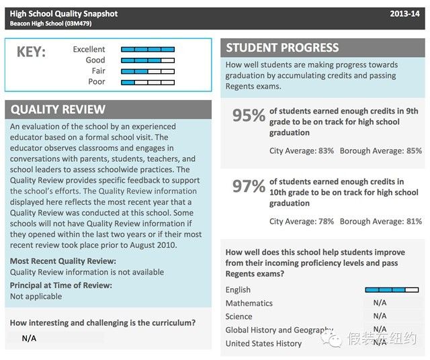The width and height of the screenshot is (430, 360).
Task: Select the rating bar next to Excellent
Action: coord(148,50)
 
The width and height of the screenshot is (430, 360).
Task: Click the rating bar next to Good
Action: coord(148,60)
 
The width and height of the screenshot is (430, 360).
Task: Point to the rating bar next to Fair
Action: coord(148,71)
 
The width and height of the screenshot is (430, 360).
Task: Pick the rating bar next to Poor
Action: coord(148,82)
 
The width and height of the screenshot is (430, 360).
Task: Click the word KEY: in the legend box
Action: coord(31,53)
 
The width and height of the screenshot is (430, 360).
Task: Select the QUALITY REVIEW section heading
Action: coord(58,109)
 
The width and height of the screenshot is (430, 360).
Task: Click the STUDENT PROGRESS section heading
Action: coord(282,48)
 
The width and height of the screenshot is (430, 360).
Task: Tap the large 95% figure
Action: coord(249,116)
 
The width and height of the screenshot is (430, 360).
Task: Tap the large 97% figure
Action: coord(249,186)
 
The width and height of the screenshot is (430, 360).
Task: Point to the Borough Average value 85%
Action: coord(414,151)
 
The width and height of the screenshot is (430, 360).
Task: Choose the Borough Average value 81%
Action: coord(414,222)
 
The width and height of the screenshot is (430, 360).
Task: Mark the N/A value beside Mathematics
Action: coord(380,303)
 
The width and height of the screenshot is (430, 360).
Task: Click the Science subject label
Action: coord(239,316)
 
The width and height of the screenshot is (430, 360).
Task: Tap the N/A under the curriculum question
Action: coord(29,339)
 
